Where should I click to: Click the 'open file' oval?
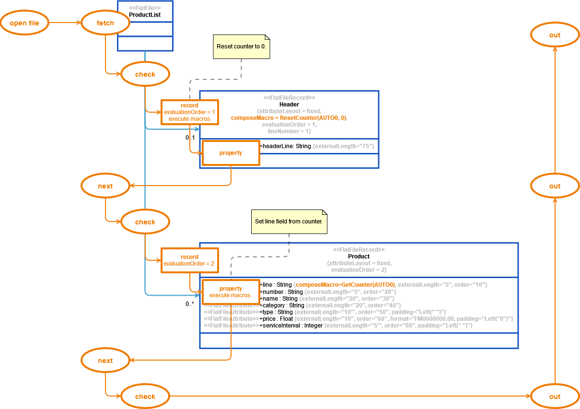tap(24, 23)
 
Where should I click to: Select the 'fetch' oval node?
tap(105, 23)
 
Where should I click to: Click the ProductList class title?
tap(145, 15)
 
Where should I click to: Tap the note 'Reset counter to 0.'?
tap(242, 47)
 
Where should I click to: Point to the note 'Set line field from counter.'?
tap(289, 222)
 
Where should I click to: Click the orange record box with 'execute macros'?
tap(189, 112)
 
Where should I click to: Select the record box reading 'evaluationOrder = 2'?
tap(189, 260)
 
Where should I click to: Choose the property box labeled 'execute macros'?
tap(230, 292)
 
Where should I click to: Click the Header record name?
tap(289, 105)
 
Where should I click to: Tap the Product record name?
tap(359, 257)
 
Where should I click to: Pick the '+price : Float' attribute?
tap(276, 319)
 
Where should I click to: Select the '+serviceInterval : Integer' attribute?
tap(291, 326)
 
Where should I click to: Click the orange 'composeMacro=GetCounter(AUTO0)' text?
tap(345, 285)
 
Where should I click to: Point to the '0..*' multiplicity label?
tap(190, 304)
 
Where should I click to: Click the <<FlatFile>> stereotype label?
tap(145, 8)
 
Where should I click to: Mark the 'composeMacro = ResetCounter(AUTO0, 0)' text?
tap(288, 118)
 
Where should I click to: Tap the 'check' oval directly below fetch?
tap(145, 74)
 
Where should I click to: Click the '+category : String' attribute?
tap(282, 305)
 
